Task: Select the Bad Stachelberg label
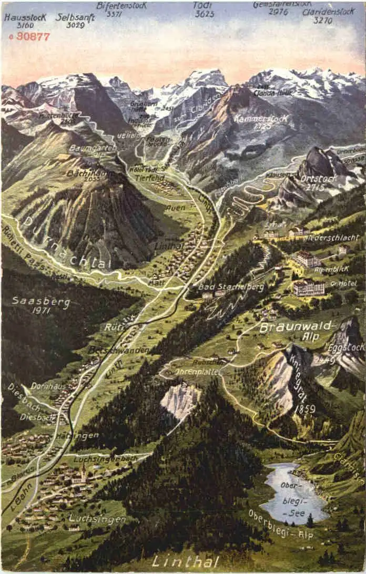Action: coord(231,288)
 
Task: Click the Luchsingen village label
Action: coord(97,518)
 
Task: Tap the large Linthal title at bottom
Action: coord(185,561)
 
